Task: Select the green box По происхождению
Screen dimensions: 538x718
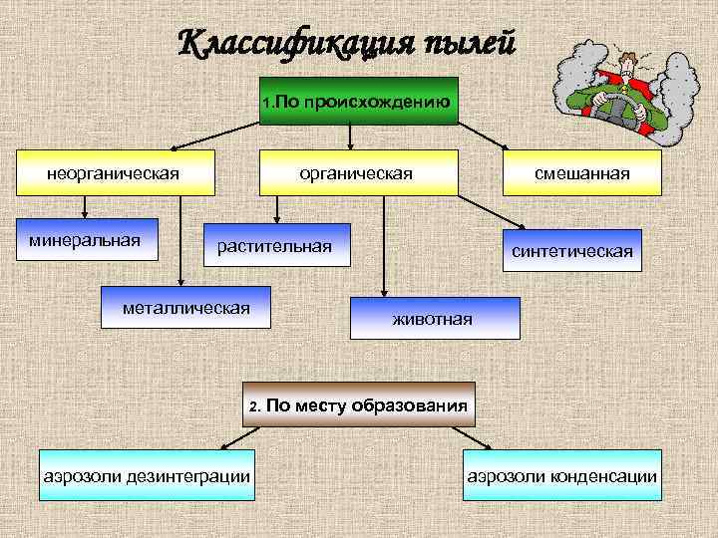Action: pos(359,101)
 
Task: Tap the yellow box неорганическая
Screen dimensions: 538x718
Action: pos(113,173)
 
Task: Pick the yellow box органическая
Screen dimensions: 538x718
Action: pos(357,173)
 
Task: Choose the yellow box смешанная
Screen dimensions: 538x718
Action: pos(581,173)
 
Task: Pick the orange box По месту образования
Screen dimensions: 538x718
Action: pos(359,405)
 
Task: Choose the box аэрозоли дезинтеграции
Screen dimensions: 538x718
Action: pos(146,476)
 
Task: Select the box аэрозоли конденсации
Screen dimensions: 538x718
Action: pos(562,476)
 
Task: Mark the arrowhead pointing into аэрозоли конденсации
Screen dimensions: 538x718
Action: pos(486,449)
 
